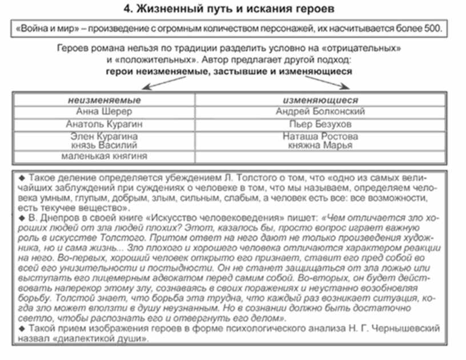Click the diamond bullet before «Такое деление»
[22, 175]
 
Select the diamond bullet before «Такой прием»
[22, 329]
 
